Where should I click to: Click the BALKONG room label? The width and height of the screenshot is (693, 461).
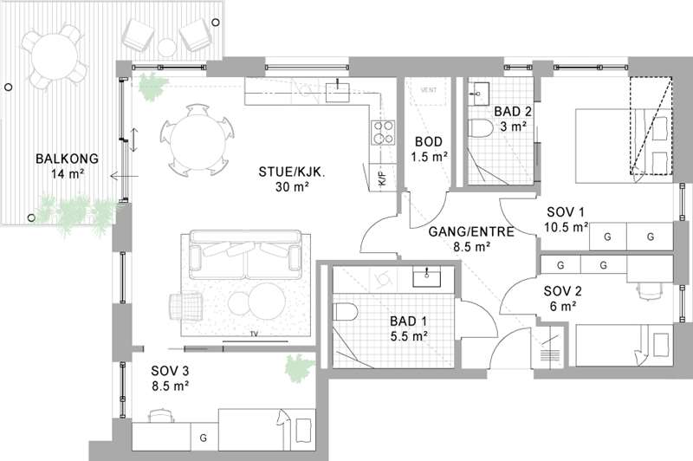[x=68, y=159]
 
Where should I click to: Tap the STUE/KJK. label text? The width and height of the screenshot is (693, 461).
[x=292, y=172]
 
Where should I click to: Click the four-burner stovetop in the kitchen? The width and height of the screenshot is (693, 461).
[x=383, y=133]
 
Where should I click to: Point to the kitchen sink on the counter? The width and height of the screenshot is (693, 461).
[x=338, y=92]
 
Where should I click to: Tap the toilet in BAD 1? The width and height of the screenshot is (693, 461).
[x=345, y=312]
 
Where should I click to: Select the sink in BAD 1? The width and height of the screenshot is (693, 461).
[x=426, y=276]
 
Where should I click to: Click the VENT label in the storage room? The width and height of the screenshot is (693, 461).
[x=429, y=90]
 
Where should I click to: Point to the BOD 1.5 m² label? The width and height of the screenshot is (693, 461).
[x=429, y=149]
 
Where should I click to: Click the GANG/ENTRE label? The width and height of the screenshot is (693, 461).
[x=471, y=232]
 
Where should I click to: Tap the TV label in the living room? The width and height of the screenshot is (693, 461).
[x=254, y=334]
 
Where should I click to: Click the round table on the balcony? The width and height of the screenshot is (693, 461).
[x=55, y=56]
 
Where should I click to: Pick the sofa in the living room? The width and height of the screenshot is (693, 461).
[x=246, y=255]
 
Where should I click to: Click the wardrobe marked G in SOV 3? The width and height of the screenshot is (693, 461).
[x=204, y=437]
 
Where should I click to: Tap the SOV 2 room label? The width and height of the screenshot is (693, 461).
[x=562, y=291]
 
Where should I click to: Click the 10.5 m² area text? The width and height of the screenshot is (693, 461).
[x=566, y=227]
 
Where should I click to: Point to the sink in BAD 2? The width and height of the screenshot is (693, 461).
[x=478, y=93]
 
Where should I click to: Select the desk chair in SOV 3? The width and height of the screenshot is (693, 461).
[x=160, y=415]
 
